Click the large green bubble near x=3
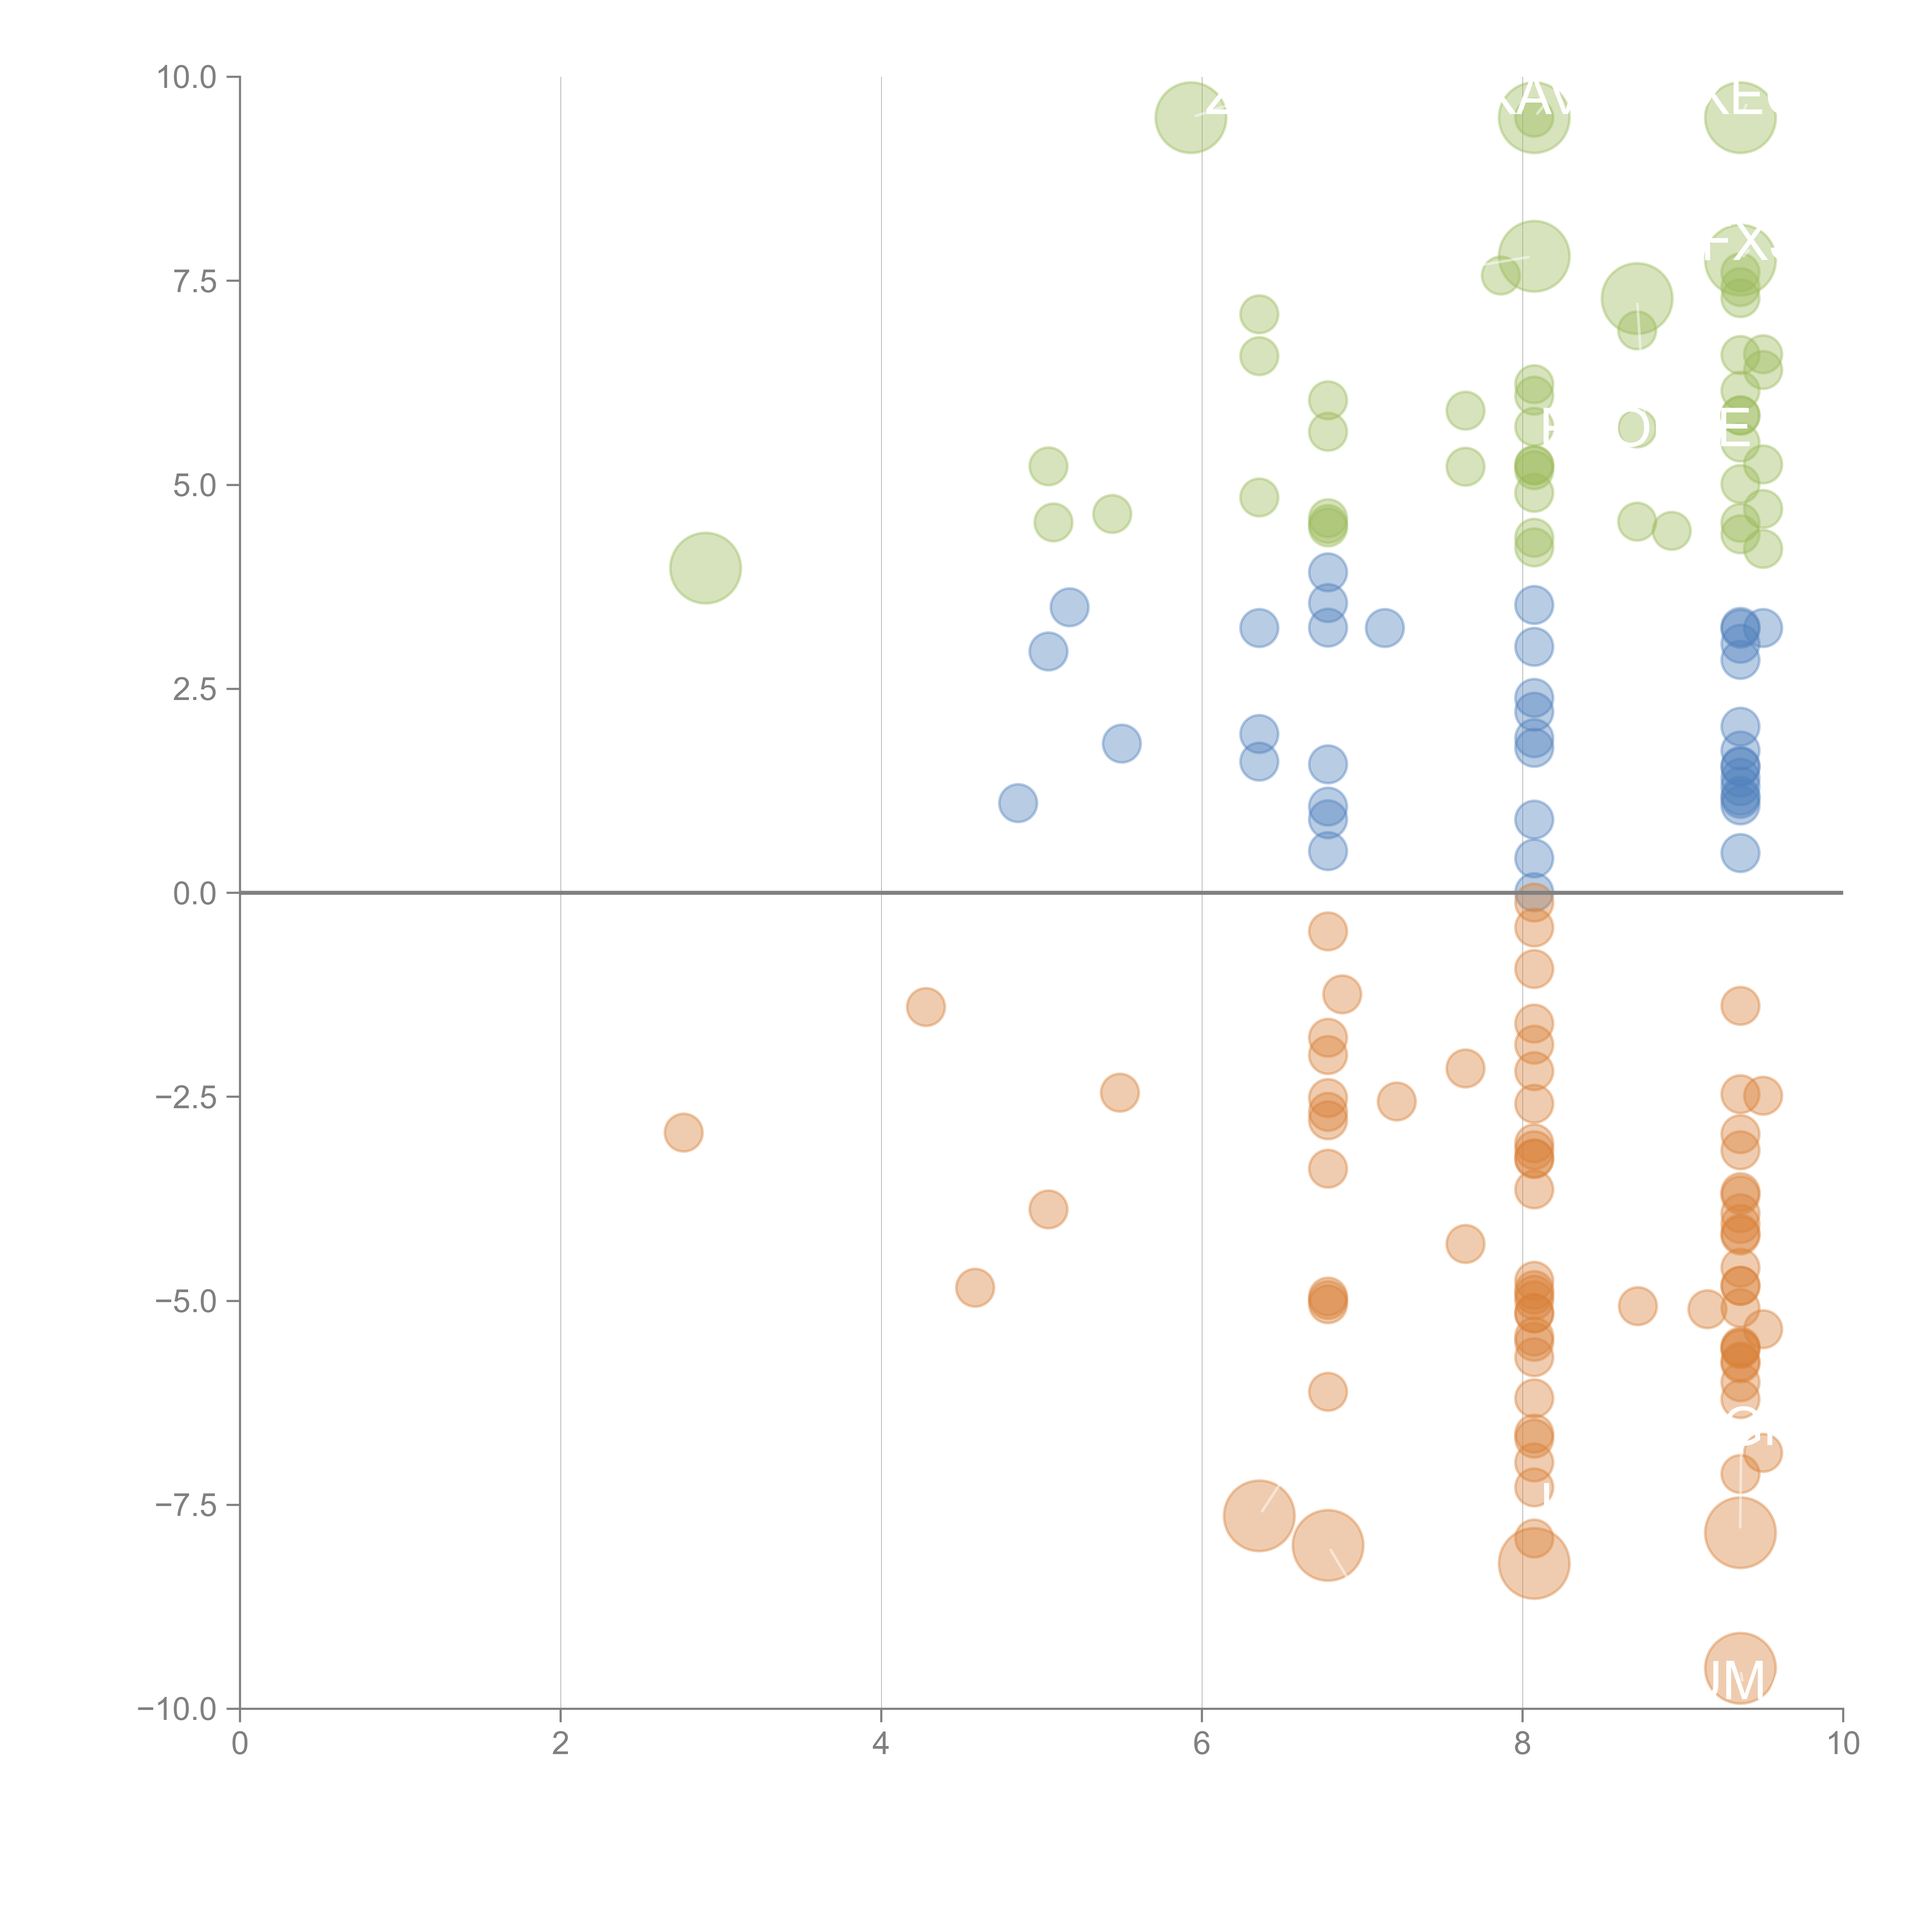705,568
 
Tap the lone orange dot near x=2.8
683,1132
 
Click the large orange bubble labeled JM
1739,1668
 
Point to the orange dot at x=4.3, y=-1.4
925,1007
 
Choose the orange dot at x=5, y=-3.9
1048,1210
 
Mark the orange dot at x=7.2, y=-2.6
1396,1101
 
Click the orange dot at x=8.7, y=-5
1637,1306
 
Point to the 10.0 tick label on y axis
187,78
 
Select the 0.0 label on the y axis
195,894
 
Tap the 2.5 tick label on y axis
195,690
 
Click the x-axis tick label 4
881,1744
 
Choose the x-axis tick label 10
1842,1744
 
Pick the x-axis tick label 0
240,1744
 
